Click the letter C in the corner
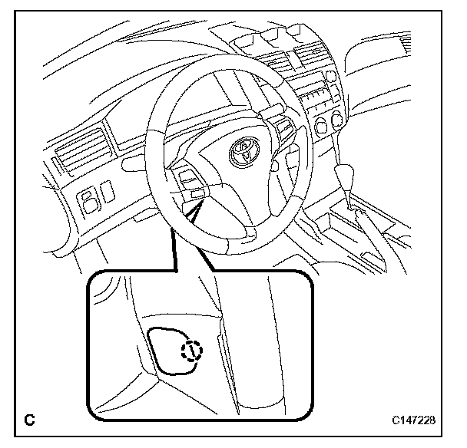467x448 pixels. point(29,420)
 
